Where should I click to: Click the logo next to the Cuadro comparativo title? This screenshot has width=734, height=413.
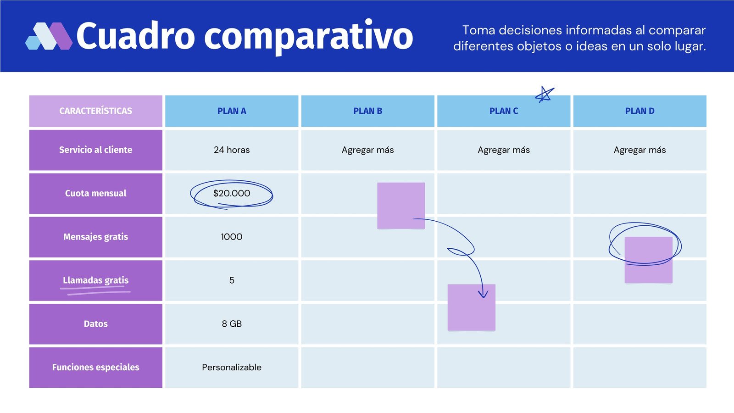click(x=49, y=36)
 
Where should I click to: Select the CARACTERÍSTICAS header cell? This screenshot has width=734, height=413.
click(x=95, y=111)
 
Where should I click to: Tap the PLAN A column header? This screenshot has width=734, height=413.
click(x=232, y=111)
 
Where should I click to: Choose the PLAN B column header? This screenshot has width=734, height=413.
click(x=367, y=111)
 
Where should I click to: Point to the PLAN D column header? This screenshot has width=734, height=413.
click(x=639, y=111)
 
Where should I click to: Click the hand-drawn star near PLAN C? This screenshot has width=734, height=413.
click(x=545, y=95)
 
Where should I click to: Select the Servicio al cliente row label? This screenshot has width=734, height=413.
click(x=95, y=150)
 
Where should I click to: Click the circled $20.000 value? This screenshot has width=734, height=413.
click(x=232, y=194)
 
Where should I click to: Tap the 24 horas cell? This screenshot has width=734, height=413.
click(x=232, y=150)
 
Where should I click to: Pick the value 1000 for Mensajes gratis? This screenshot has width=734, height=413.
click(x=232, y=237)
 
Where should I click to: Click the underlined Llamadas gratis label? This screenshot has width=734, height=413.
click(x=95, y=280)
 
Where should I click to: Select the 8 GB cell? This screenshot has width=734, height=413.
click(x=232, y=324)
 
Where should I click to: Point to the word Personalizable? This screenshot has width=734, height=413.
click(x=232, y=367)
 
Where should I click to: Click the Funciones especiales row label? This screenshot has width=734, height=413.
click(x=95, y=367)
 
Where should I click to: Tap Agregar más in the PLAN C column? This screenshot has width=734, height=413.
click(x=504, y=150)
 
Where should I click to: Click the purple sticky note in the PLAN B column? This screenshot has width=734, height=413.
click(x=401, y=206)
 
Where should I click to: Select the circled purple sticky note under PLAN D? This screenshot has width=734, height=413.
click(x=648, y=260)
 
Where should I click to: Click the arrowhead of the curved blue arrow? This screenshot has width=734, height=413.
click(x=483, y=294)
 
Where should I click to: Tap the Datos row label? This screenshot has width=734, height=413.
click(x=95, y=324)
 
